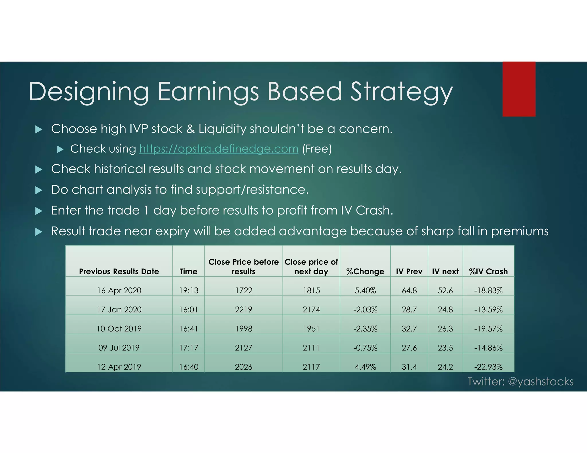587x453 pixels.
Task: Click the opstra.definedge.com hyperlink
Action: (219, 149)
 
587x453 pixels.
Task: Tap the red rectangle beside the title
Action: (519, 89)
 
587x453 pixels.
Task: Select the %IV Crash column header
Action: (488, 271)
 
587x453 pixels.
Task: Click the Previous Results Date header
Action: (119, 271)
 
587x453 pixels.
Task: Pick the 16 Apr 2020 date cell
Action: (119, 290)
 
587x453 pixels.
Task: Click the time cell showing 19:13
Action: (189, 290)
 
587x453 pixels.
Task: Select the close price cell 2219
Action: (244, 310)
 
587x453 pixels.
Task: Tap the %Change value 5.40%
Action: (365, 290)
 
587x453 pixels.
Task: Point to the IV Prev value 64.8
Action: (409, 290)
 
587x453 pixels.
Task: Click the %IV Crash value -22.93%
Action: (488, 367)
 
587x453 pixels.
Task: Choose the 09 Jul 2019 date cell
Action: (119, 348)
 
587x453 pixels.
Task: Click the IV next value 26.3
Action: (445, 328)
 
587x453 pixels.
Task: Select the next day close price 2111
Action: (311, 348)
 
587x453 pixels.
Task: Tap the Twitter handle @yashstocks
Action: (541, 382)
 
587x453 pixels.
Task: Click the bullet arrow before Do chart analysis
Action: (39, 190)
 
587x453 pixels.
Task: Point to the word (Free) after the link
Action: (317, 149)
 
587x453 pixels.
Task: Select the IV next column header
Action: (445, 271)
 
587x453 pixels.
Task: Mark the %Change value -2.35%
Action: (365, 328)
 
